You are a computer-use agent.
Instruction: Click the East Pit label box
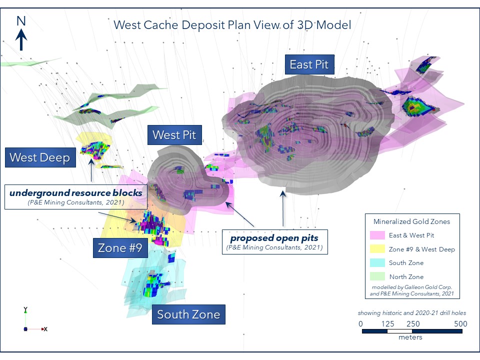tap(309, 64)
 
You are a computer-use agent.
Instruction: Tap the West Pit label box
tap(174, 134)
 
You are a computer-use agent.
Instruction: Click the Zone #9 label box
tap(119, 248)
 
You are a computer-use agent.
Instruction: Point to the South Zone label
tap(188, 314)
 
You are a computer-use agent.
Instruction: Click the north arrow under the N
tap(21, 39)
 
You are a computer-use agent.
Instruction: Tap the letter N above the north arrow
tap(21, 20)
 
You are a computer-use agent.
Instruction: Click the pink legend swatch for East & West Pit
tap(377, 235)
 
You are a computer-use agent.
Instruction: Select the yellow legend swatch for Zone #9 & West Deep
tap(377, 249)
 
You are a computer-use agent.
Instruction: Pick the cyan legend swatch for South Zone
tap(377, 262)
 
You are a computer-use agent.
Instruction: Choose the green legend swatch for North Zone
tap(377, 276)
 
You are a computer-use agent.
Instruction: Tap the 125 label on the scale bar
tap(387, 323)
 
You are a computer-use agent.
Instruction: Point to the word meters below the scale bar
tap(410, 337)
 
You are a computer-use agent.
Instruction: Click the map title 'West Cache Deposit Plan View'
tap(232, 24)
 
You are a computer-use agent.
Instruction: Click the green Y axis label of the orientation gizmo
tap(25, 309)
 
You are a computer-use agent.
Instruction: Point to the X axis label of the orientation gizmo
tap(45, 329)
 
